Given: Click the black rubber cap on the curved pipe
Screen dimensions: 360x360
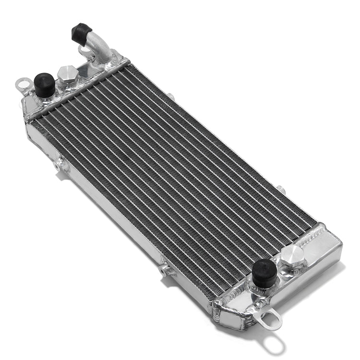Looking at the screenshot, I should click(82, 33).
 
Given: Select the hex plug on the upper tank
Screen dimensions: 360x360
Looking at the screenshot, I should click(68, 74).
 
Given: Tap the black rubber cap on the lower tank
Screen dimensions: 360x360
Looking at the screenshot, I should click(264, 272).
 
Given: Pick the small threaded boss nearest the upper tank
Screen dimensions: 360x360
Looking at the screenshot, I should click(61, 165).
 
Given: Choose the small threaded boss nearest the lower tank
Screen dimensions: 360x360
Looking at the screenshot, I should click(166, 270).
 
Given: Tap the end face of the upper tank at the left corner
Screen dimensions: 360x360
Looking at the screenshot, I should click(30, 108).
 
